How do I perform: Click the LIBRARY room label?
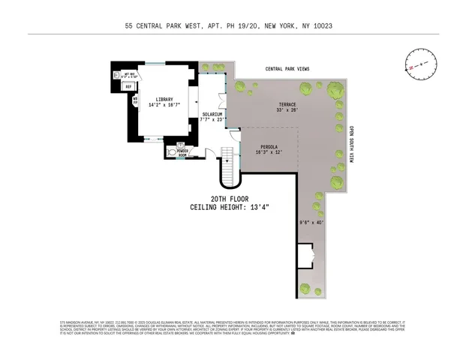click(x=164, y=100)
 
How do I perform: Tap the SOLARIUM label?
click(x=212, y=115)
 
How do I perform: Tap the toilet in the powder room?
click(x=173, y=151)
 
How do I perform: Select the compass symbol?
click(x=420, y=64)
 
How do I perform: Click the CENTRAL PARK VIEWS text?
click(x=287, y=68)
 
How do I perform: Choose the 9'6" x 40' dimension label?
click(x=310, y=221)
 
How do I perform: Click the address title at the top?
click(x=233, y=25)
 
